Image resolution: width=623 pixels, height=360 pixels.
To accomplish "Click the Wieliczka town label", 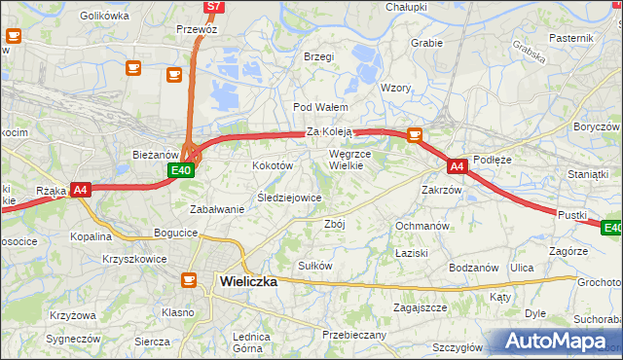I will click(x=248, y=280).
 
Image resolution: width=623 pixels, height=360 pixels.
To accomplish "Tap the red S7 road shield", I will click(x=214, y=7).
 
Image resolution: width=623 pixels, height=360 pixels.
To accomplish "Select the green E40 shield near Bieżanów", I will click(x=180, y=170).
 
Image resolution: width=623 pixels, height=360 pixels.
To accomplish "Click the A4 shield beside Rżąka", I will click(x=81, y=191).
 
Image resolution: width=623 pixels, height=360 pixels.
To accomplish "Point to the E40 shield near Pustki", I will click(x=611, y=228).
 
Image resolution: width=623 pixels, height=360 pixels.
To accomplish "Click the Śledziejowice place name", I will click(x=288, y=198).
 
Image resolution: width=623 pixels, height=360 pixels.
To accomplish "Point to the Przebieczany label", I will click(x=354, y=335).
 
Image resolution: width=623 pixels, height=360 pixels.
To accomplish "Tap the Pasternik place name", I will click(x=570, y=37).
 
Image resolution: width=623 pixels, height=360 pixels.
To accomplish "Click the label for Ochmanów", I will click(x=421, y=226).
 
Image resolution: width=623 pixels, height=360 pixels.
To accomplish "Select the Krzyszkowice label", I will click(x=132, y=259).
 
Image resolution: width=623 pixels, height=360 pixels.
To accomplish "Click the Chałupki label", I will click(x=406, y=7).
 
